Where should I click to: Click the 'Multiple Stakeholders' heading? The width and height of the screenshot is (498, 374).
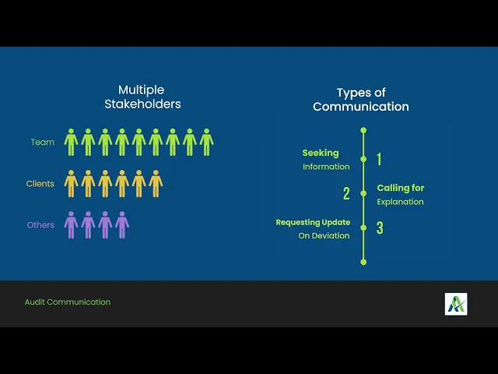coord(142,97)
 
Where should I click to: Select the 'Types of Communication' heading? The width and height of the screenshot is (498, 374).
coord(361,100)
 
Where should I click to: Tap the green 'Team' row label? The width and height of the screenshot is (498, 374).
coord(43,143)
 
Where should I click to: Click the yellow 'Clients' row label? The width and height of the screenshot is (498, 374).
coord(40,184)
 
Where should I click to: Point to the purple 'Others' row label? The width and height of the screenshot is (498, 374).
coord(41,225)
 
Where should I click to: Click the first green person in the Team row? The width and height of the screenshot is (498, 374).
coord(71,143)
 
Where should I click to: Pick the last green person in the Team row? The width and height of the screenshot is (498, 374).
coord(206,143)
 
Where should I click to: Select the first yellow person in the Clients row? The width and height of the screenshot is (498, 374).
coord(71,184)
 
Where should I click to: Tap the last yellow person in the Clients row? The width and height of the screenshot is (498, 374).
coord(156,184)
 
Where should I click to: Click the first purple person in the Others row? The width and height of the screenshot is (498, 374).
coord(71,225)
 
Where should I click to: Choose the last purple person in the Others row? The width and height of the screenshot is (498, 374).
coord(122,225)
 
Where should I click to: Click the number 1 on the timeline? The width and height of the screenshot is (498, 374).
coord(379,160)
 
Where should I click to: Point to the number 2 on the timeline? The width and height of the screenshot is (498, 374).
coord(347,194)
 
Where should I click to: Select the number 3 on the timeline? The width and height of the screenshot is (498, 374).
coord(380,228)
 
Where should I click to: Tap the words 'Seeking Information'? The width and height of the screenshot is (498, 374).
coord(326,160)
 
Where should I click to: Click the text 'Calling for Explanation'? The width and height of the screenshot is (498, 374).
coord(401,195)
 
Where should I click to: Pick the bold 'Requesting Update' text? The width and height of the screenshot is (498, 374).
coord(313,223)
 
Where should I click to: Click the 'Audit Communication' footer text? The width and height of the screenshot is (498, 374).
coord(68,302)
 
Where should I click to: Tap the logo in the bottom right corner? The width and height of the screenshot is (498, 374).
coord(456,304)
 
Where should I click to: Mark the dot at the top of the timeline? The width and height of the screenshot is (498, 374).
coord(363,129)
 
